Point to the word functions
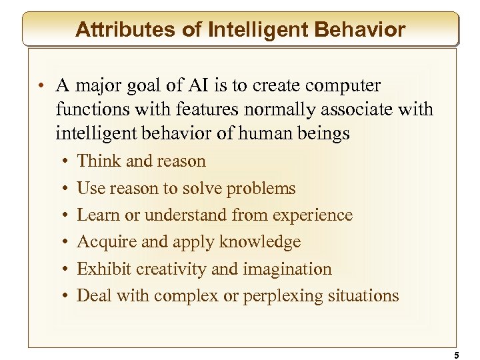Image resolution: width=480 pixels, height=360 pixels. point(87,110)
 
